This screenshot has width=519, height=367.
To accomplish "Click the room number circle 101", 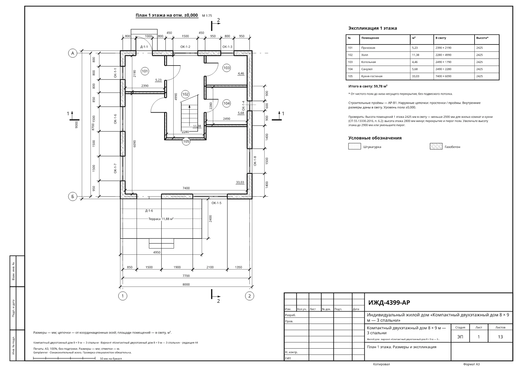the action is point(145,71).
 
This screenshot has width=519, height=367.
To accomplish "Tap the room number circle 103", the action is point(226,68).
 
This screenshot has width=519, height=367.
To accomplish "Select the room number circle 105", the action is point(186,141).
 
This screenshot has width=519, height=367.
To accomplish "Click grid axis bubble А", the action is point(73,53).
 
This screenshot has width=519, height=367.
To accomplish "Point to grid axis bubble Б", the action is point(73,197).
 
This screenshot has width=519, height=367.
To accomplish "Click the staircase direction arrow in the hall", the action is point(189,118).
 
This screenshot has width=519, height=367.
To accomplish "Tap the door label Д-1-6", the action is point(149,211).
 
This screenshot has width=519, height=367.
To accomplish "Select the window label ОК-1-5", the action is point(216,203).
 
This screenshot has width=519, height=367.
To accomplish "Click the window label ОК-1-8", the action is point(255,161).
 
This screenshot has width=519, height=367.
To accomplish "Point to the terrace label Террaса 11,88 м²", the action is point(161,219).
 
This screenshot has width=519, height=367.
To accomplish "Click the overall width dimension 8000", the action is point(186,285).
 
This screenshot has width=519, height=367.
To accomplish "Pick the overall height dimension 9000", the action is point(77,125).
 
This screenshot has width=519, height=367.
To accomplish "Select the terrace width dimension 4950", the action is point(157,252).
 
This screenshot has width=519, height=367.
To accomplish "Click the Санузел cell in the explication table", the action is point(367,69).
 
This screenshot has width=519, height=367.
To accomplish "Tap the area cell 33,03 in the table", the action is point(416,76).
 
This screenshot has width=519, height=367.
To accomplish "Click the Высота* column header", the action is point(482,38).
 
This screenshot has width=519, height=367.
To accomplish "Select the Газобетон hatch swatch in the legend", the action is point(436,146).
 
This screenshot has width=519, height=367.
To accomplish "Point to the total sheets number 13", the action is point(500,337).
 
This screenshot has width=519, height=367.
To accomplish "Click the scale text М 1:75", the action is point(207,16).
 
